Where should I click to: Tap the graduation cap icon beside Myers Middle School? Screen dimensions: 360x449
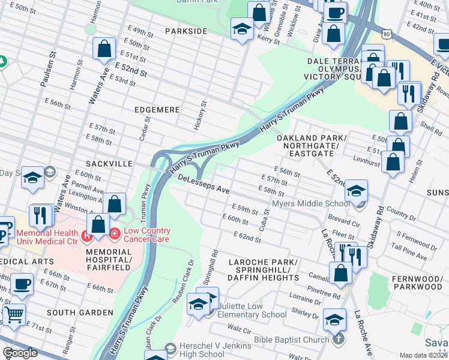pyautogui.click(x=357, y=191)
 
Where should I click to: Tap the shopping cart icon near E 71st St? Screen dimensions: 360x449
pyautogui.click(x=14, y=313)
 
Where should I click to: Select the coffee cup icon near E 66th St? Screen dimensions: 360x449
pyautogui.click(x=22, y=283)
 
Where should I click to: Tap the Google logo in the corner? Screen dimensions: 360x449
pyautogui.click(x=20, y=353)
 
